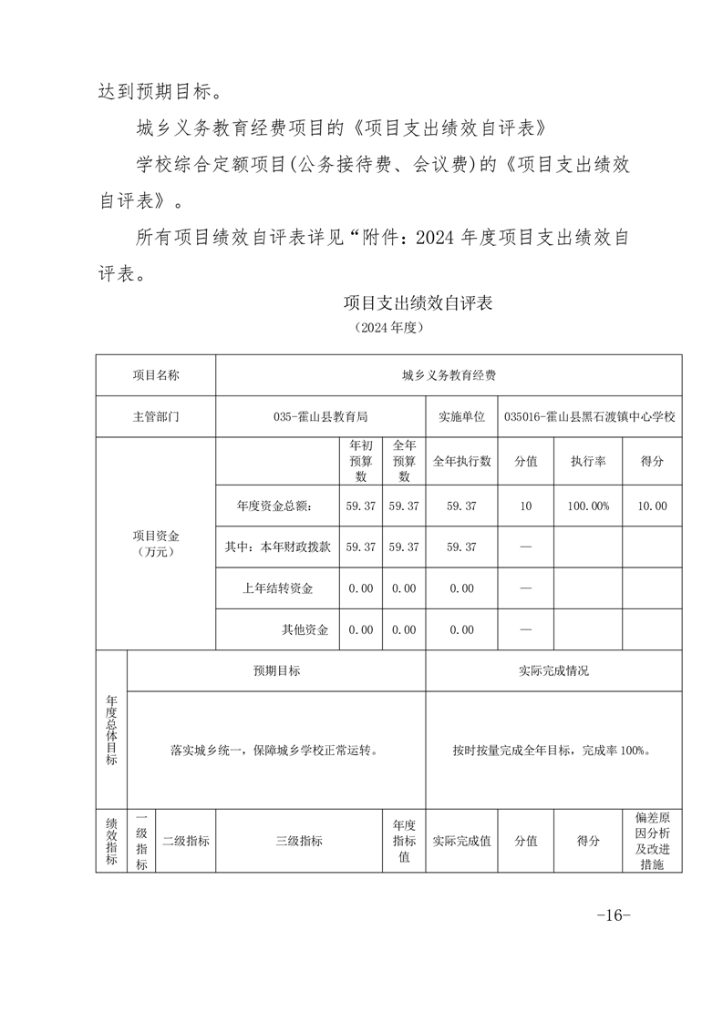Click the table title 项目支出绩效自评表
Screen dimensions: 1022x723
(418, 303)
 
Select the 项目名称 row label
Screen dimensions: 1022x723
(156, 374)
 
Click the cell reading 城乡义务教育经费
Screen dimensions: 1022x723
(449, 374)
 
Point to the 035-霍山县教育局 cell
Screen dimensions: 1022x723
(320, 416)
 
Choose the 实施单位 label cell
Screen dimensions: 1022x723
(461, 416)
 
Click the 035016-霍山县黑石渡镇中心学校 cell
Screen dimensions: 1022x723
(590, 416)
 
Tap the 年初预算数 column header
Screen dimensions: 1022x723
(361, 461)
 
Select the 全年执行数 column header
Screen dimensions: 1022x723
(461, 462)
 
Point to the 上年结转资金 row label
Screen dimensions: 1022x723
(277, 588)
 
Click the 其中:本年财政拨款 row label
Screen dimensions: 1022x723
(277, 547)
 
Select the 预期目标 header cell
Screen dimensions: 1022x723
(276, 670)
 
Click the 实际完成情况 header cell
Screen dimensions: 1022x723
(553, 670)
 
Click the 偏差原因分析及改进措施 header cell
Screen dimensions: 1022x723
(652, 841)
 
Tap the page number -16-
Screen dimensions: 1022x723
(613, 915)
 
